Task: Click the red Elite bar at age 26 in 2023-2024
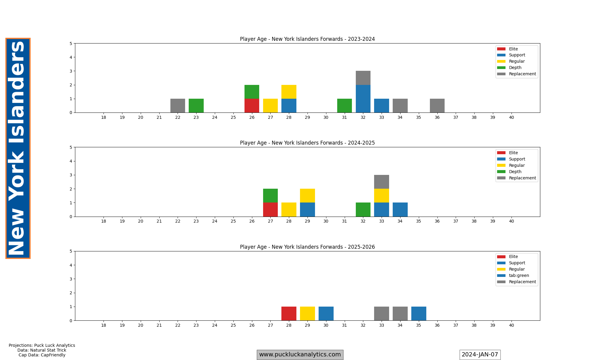[252, 106]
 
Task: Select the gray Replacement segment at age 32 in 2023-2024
[363, 78]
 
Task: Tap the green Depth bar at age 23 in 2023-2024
[196, 106]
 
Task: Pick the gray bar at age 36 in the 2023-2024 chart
[437, 106]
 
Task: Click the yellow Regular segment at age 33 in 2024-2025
[382, 196]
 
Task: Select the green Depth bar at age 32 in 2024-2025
[363, 209]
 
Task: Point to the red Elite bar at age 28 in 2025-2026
[289, 313]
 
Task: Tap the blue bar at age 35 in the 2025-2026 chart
[418, 313]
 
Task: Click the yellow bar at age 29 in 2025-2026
[307, 313]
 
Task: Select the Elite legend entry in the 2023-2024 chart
[513, 49]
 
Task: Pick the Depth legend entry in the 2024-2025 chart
[515, 172]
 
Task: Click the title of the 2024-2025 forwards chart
[307, 143]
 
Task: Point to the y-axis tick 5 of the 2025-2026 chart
[71, 251]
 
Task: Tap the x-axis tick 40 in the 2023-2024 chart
[511, 117]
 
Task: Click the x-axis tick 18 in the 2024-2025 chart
[103, 221]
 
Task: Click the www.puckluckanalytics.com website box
[300, 355]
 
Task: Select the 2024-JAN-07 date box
[480, 355]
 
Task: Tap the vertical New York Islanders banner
[18, 148]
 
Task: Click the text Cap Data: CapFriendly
[42, 355]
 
